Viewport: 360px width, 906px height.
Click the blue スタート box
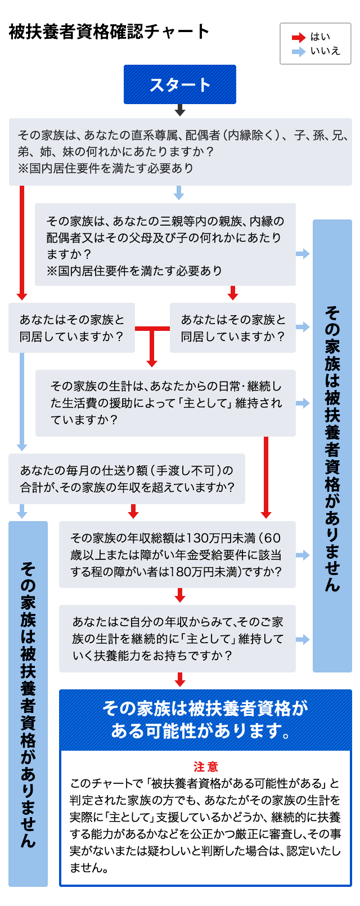coord(180,84)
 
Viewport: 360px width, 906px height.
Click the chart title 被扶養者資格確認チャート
coord(109,32)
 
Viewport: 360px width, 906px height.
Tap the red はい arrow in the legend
coord(299,38)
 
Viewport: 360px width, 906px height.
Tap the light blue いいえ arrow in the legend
coord(299,51)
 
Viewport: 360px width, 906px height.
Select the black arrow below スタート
coord(180,110)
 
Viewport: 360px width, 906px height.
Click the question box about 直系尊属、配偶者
coord(181,152)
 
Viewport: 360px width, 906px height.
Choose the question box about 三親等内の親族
coord(165,244)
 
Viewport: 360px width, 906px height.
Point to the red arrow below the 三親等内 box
coord(232,293)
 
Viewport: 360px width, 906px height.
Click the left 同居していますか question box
coord(71,328)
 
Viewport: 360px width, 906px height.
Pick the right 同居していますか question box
coord(232,328)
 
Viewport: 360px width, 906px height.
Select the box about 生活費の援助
coord(165,403)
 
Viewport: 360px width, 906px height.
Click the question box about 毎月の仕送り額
coord(127,478)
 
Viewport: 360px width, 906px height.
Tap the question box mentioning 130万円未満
coord(177,554)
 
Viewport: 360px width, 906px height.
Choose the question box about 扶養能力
coord(177,638)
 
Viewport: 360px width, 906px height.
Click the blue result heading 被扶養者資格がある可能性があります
coord(205,720)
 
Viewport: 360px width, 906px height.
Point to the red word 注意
coord(206,766)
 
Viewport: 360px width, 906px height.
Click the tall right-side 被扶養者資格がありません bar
coord(332,446)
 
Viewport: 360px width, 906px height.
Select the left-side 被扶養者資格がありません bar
coord(28,704)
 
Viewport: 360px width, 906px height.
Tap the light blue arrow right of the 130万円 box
coord(303,555)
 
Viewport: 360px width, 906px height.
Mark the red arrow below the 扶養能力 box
coord(180,680)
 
